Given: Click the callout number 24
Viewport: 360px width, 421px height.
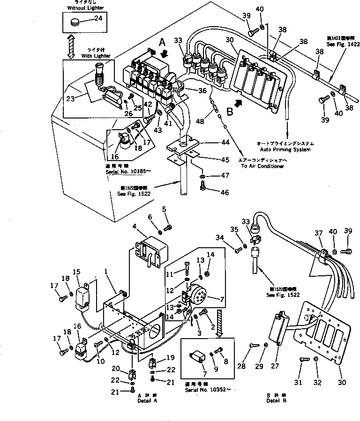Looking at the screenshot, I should [98, 19].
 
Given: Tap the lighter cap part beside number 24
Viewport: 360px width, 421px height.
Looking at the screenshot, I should [75, 21].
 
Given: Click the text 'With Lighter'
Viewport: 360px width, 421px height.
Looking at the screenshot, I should [96, 56].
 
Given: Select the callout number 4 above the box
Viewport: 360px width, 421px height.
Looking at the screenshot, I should [134, 227].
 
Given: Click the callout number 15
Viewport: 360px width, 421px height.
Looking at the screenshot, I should [76, 272].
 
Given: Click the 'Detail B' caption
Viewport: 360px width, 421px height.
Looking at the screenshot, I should [276, 400].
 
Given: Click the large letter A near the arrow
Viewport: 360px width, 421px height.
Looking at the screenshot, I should [162, 42].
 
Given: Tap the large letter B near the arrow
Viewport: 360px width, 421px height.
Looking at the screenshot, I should [230, 112].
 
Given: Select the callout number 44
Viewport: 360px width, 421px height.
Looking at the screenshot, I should [212, 142].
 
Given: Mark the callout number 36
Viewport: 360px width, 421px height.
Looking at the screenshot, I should [202, 91].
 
